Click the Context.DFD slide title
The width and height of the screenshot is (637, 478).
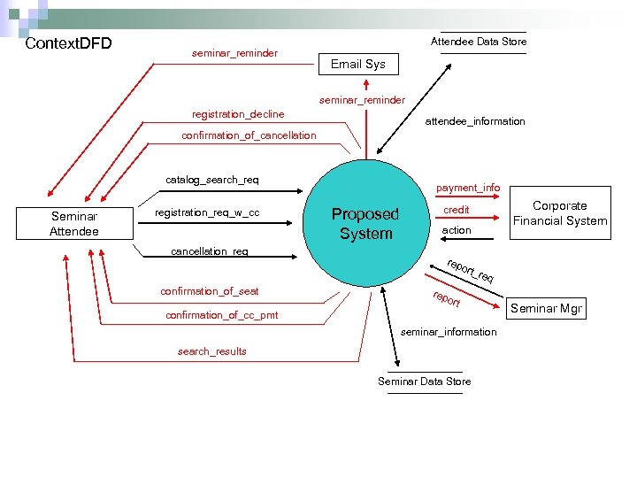(x=69, y=43)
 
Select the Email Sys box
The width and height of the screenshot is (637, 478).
(x=358, y=64)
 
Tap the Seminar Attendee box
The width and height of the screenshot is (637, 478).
(x=74, y=223)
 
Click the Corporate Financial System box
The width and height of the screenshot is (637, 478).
(x=559, y=213)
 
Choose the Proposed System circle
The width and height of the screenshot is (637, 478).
(x=365, y=223)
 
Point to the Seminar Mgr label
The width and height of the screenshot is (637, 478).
(x=548, y=309)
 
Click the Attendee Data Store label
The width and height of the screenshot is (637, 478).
(x=478, y=42)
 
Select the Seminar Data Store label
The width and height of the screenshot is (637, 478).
(x=425, y=381)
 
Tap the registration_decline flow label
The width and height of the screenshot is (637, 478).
(x=238, y=114)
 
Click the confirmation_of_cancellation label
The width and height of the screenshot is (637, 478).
(x=249, y=135)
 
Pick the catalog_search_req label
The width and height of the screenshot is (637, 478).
(x=212, y=180)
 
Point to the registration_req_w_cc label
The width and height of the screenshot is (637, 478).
(x=207, y=212)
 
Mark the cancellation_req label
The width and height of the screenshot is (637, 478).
(x=210, y=251)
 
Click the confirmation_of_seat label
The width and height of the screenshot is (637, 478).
(x=210, y=291)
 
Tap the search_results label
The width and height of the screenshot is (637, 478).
(x=212, y=351)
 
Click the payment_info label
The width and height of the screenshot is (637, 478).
(x=468, y=188)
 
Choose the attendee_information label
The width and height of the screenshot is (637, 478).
(x=475, y=121)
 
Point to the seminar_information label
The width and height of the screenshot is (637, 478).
(x=449, y=332)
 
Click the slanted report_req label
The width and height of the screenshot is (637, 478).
(x=470, y=272)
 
